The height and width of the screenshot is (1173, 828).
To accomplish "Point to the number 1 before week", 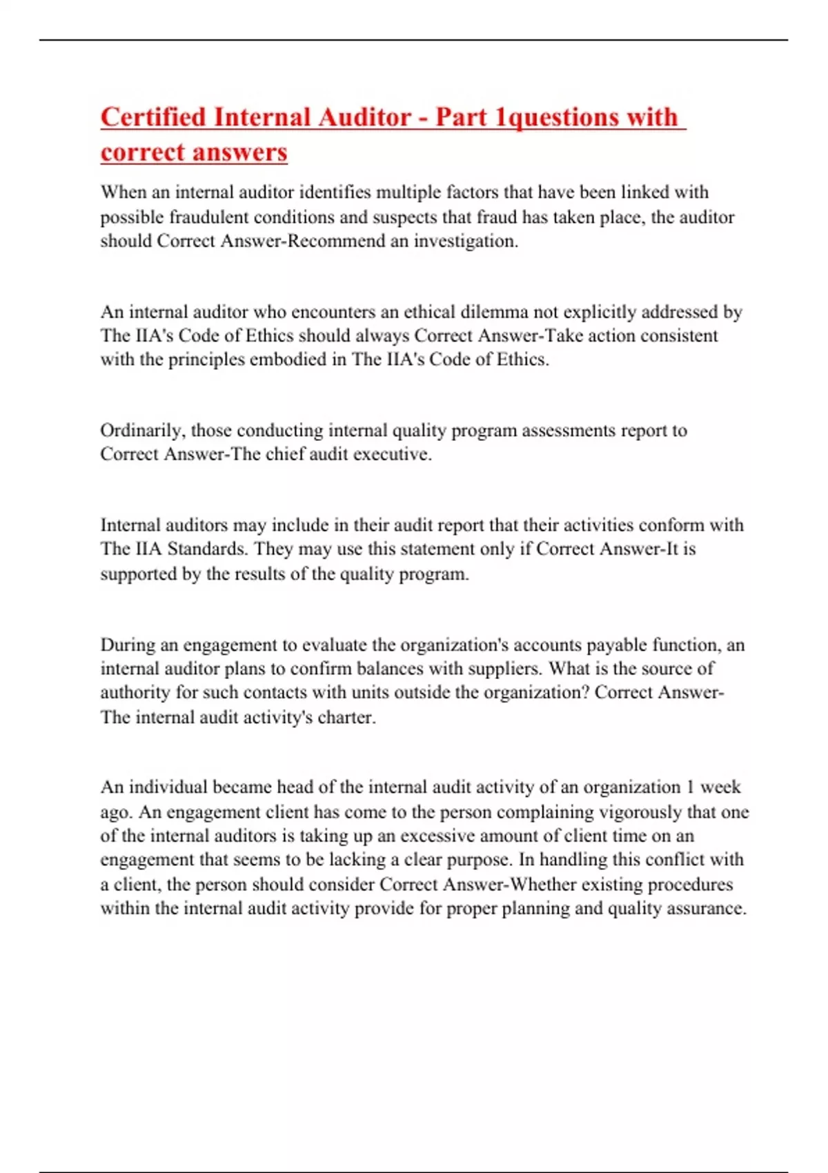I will (x=689, y=787).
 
